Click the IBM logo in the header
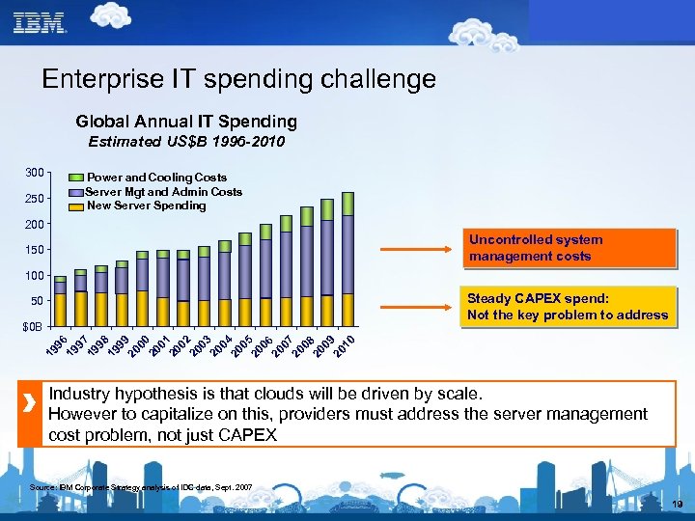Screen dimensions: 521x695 40,21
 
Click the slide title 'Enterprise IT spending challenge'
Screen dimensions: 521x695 238,78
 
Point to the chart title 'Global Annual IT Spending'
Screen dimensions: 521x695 186,122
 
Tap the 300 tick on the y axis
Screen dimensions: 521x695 34,173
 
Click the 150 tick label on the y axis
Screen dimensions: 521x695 34,251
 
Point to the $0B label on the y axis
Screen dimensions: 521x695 32,327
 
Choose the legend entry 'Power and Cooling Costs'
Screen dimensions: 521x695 156,178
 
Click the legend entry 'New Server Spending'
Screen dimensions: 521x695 146,206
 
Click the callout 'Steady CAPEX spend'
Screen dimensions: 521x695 567,307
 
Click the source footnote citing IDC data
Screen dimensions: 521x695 142,488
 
